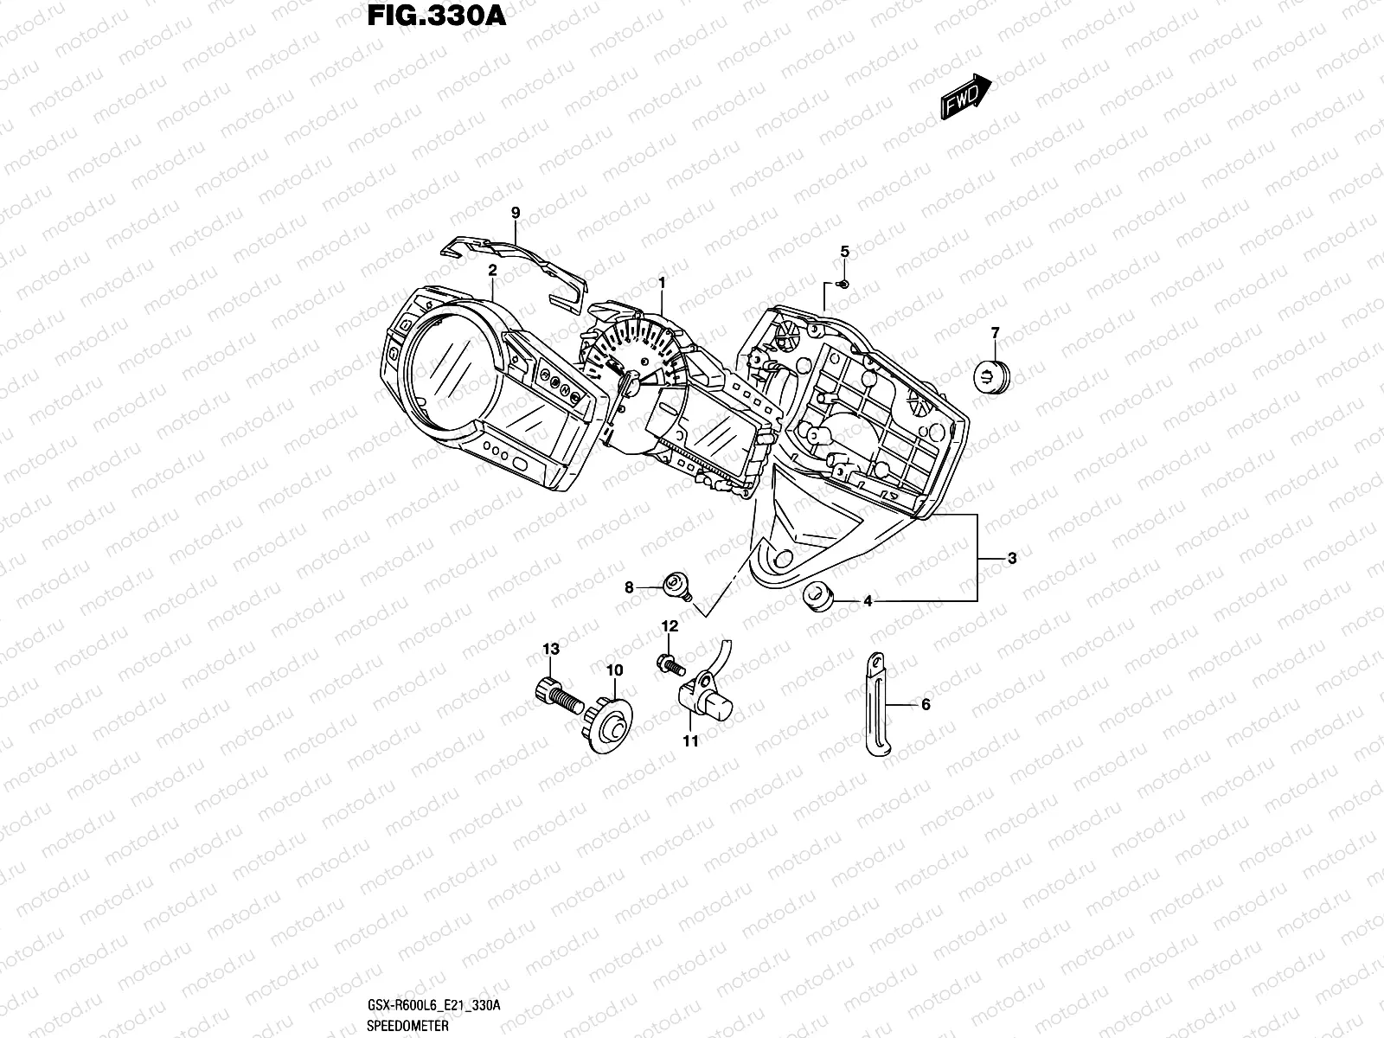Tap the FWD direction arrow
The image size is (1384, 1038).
[965, 94]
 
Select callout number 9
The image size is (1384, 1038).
[515, 213]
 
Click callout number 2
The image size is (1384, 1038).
[492, 270]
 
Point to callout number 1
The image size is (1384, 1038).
[662, 283]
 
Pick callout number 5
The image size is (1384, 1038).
[845, 252]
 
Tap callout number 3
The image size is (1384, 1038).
[1012, 558]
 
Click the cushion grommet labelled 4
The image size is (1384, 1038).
[818, 596]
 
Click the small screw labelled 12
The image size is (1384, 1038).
[671, 663]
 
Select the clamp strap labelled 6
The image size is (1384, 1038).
[875, 705]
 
